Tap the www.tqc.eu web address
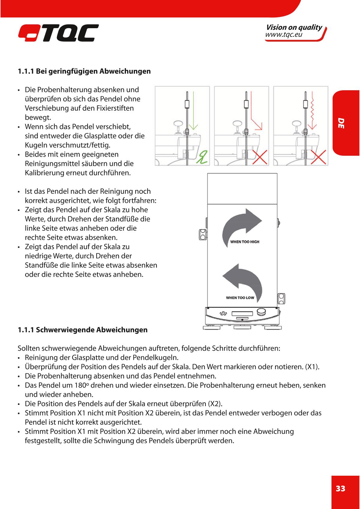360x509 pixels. (x=283, y=35)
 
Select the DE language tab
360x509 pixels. (x=341, y=123)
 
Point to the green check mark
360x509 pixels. (x=201, y=157)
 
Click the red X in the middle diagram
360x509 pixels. (x=260, y=157)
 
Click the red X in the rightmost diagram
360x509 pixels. (x=319, y=157)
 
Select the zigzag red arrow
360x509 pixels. (x=313, y=111)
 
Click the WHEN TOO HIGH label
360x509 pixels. (x=244, y=242)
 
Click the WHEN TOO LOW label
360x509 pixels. (x=240, y=298)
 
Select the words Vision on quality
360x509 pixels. (x=294, y=28)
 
